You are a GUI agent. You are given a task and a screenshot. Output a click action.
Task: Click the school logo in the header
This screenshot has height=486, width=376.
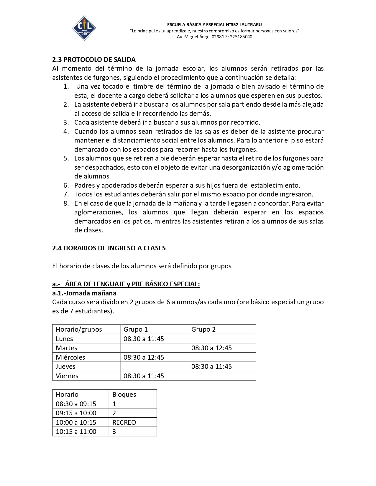pyautogui.click(x=84, y=28)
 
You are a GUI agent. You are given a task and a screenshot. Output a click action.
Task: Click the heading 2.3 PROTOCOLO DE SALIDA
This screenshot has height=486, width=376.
pyautogui.click(x=94, y=59)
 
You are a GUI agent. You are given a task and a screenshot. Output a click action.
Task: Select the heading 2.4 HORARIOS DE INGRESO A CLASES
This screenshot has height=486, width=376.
pyautogui.click(x=109, y=248)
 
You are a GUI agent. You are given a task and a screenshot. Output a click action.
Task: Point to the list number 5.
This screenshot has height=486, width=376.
pyautogui.click(x=66, y=158)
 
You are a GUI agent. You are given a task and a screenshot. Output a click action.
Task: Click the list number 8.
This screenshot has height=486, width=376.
pyautogui.click(x=66, y=203)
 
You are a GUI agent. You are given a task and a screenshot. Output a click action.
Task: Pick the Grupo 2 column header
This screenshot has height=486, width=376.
pyautogui.click(x=203, y=329)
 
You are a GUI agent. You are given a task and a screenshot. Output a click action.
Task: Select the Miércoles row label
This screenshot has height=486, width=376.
pyautogui.click(x=70, y=357)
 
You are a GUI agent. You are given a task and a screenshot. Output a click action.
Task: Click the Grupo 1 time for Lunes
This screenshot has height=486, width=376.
pyautogui.click(x=144, y=339)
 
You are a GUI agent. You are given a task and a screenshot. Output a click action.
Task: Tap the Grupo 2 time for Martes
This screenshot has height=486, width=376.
pyautogui.click(x=211, y=348)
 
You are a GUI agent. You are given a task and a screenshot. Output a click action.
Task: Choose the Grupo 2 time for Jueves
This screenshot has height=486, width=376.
pyautogui.click(x=211, y=366)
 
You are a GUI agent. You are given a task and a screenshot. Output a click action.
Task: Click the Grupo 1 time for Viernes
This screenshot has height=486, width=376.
pyautogui.click(x=144, y=376)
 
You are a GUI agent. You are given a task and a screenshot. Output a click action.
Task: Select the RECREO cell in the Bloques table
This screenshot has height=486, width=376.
pyautogui.click(x=124, y=422)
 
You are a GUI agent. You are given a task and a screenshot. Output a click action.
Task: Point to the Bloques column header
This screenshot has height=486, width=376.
pyautogui.click(x=124, y=394)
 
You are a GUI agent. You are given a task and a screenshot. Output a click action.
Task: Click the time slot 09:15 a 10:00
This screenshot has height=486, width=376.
pyautogui.click(x=76, y=413)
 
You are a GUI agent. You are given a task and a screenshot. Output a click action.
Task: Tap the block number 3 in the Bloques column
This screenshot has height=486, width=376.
pyautogui.click(x=114, y=432)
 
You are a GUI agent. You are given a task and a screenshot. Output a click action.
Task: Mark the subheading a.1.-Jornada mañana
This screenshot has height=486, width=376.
pyautogui.click(x=84, y=293)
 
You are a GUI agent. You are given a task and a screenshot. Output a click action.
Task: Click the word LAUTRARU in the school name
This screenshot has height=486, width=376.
pyautogui.click(x=251, y=24)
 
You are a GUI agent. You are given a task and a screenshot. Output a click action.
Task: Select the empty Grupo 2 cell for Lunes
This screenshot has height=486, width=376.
pyautogui.click(x=222, y=339)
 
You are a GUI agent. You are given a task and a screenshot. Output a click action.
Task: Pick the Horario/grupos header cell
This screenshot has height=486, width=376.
pyautogui.click(x=79, y=329)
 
